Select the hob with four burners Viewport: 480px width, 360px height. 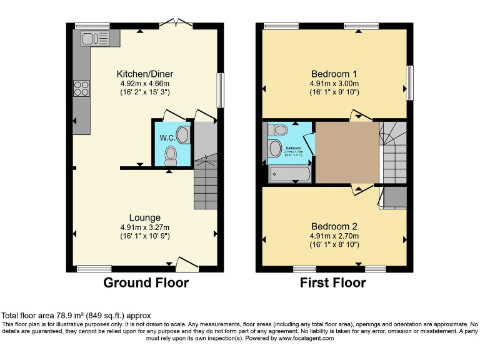[x=82, y=88]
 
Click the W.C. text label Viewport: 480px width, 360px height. [x=167, y=137]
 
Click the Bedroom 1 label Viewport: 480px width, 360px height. [x=334, y=72]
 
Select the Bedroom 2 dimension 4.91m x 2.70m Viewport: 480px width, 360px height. [x=334, y=236]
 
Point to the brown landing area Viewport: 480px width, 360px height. [x=346, y=152]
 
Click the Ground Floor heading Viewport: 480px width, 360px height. [x=146, y=283]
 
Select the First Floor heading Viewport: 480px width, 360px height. [x=333, y=283]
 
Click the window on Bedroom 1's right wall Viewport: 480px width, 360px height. [x=410, y=82]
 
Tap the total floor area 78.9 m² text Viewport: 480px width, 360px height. [x=76, y=316]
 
